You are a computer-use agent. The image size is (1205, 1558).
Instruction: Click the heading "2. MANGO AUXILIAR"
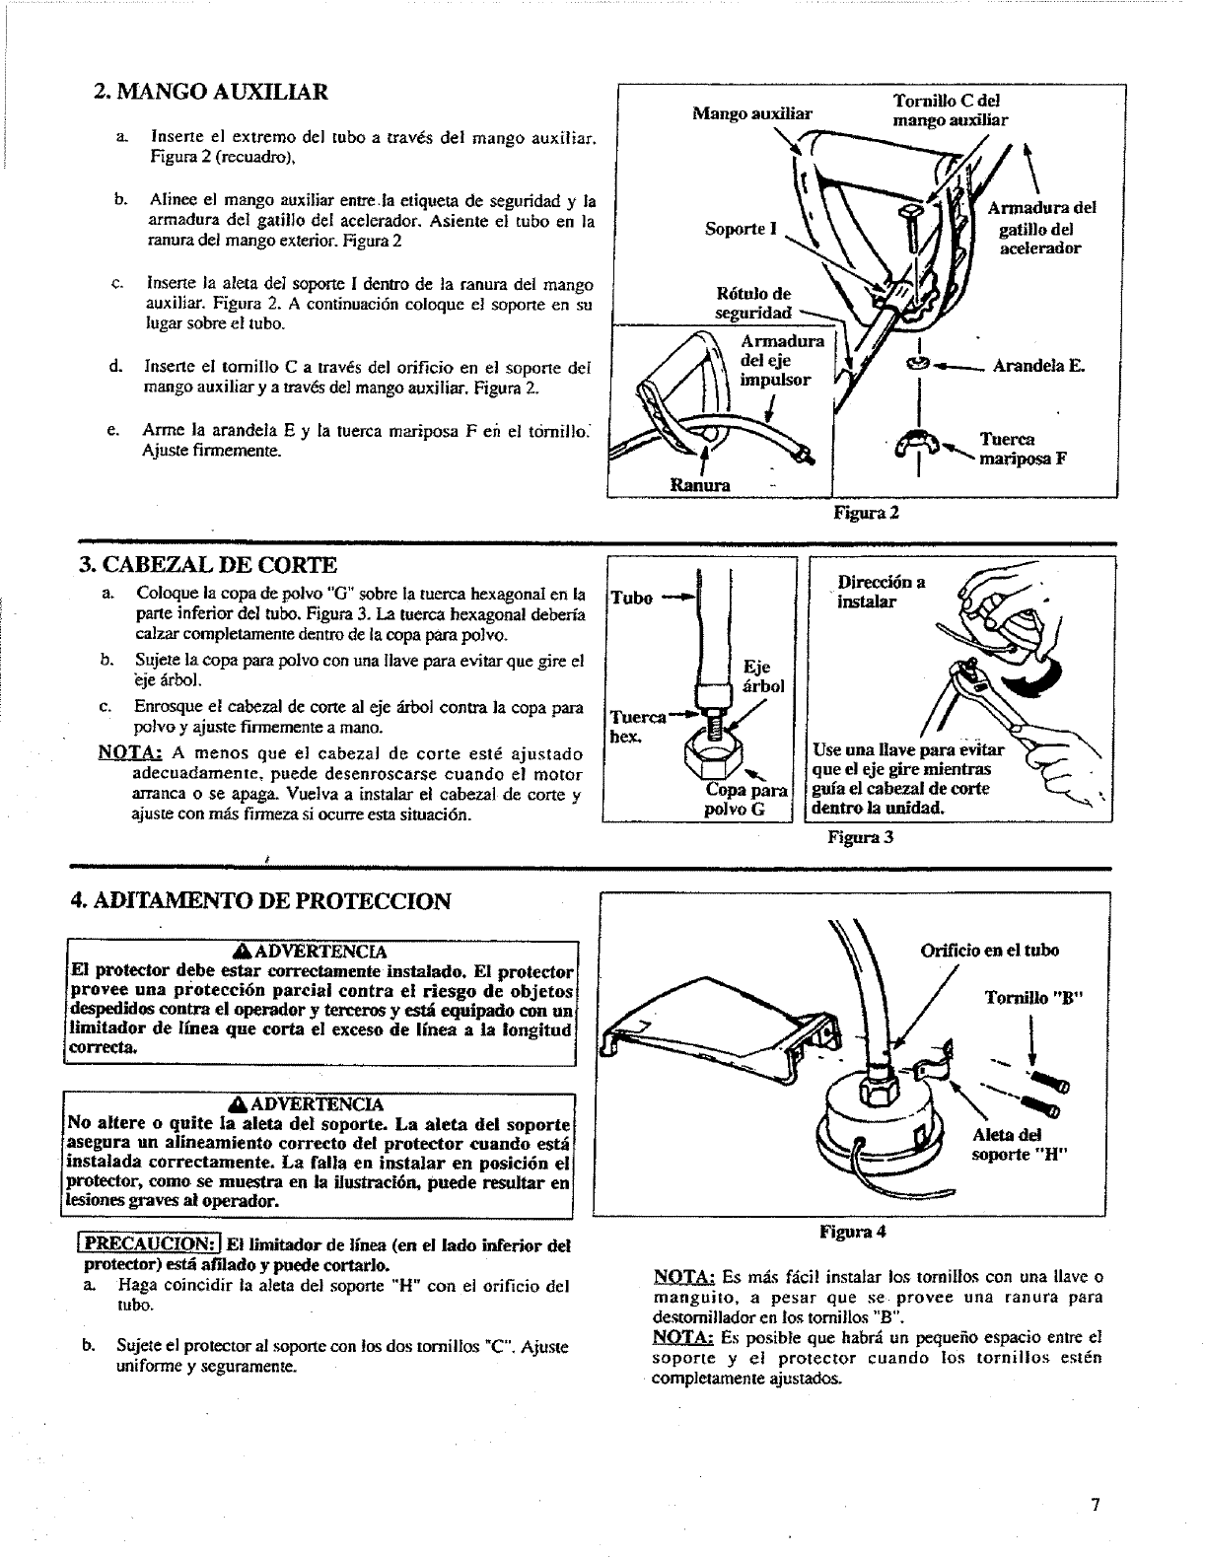pyautogui.click(x=209, y=93)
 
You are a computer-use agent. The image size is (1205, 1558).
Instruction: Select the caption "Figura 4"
pyautogui.click(x=853, y=1232)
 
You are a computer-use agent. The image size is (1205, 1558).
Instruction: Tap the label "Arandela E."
pyautogui.click(x=1038, y=366)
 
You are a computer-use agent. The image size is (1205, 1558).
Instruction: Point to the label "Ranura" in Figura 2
pyautogui.click(x=700, y=485)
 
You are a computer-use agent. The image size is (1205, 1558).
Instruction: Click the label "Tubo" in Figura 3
pyautogui.click(x=632, y=599)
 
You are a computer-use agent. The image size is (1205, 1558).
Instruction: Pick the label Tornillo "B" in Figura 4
pyautogui.click(x=1033, y=997)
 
